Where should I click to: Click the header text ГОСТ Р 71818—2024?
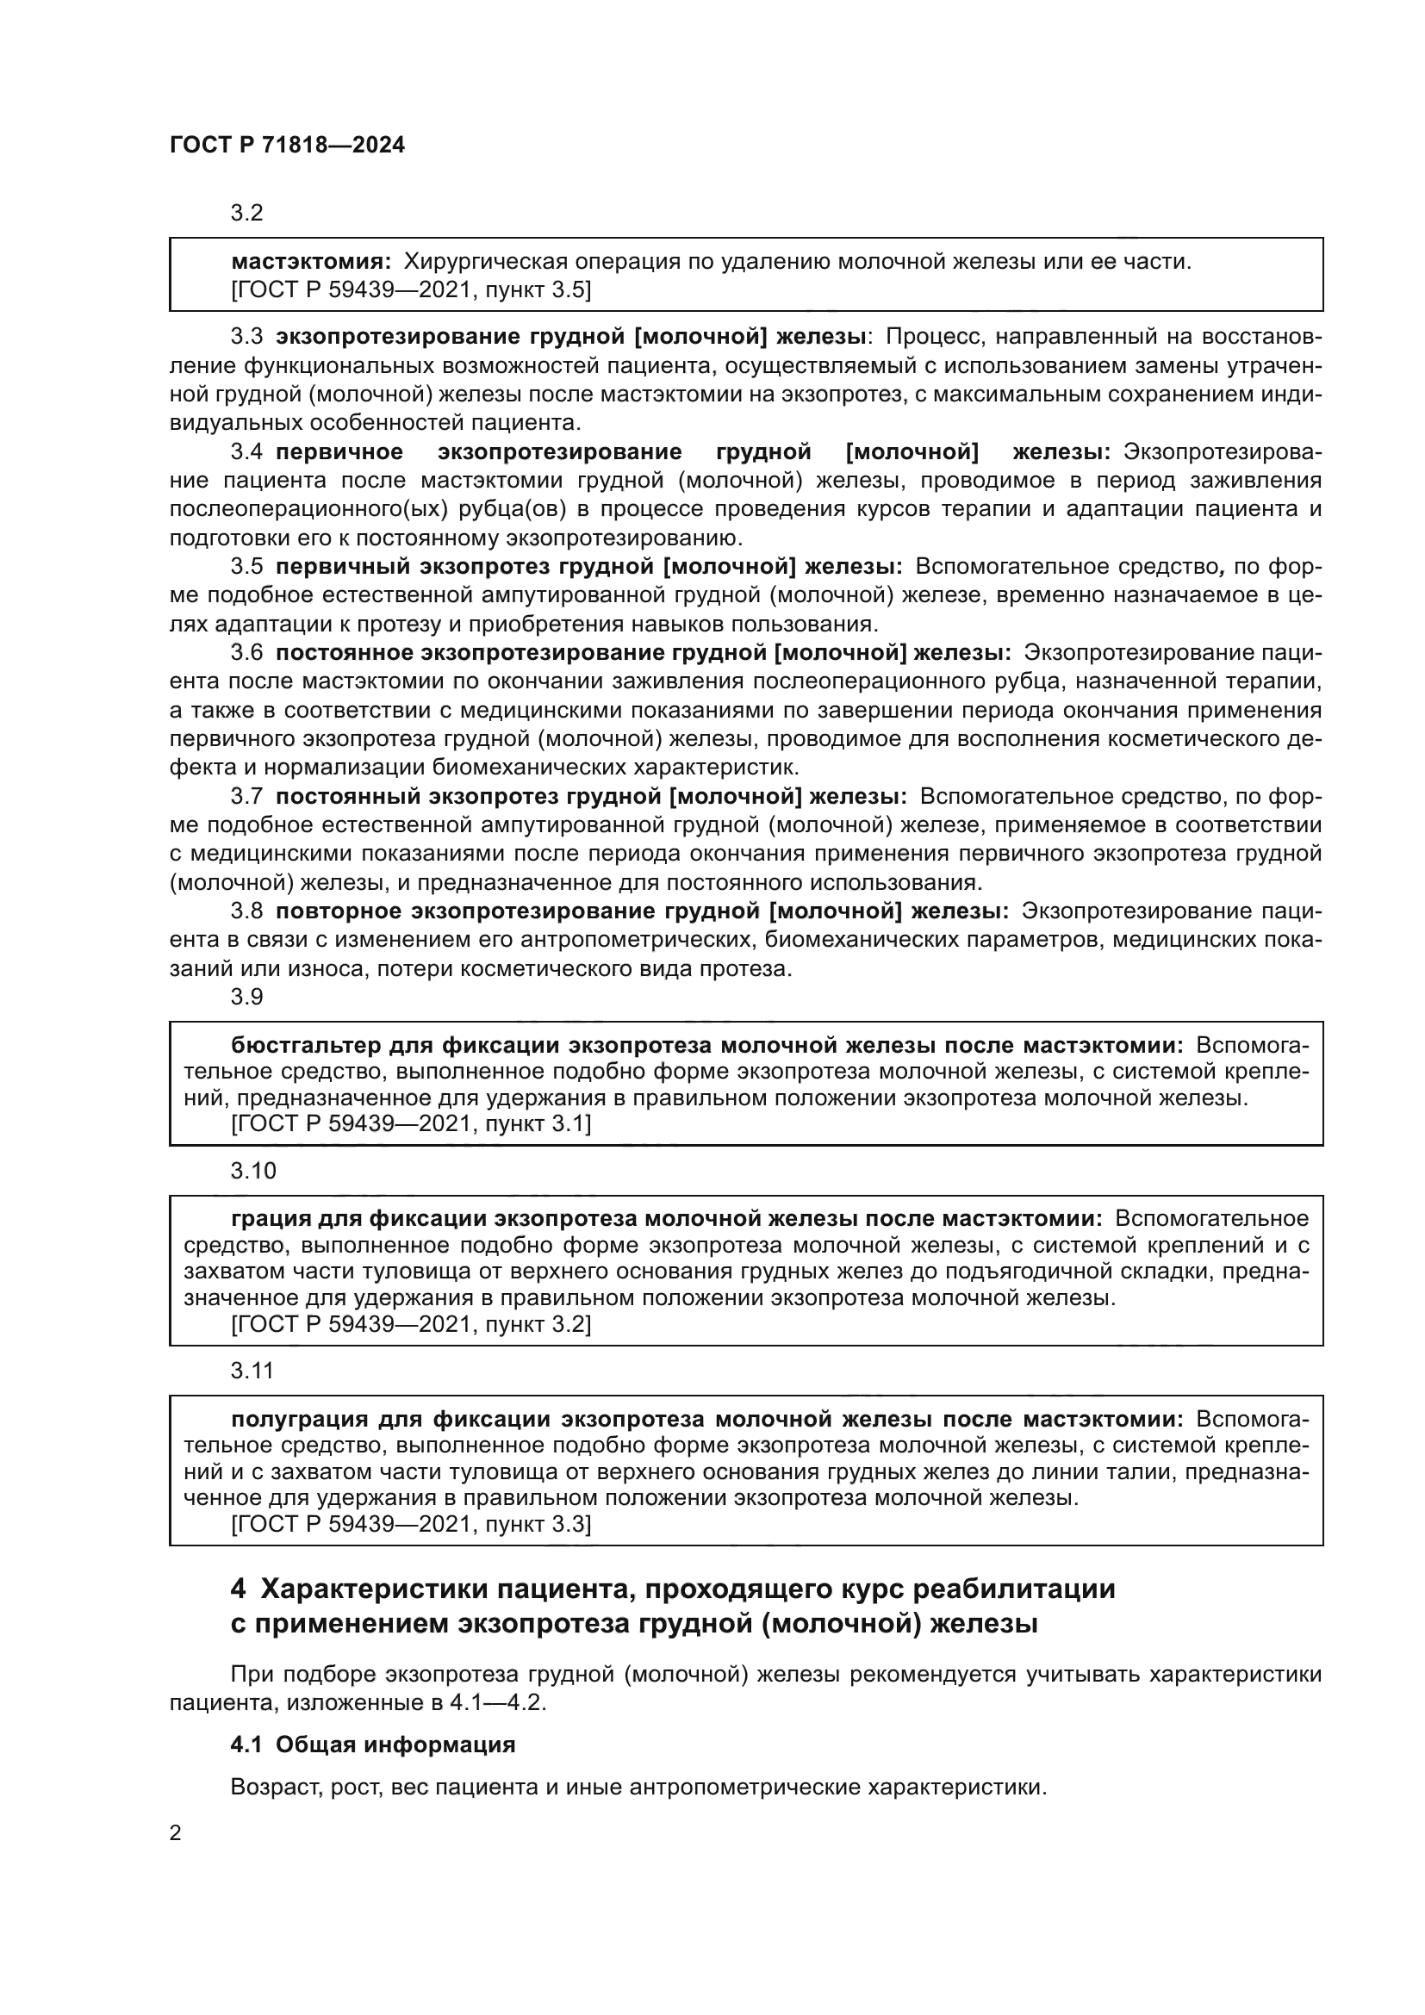coord(287,146)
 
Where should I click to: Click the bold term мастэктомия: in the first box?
coord(311,262)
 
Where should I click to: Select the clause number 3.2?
coord(246,214)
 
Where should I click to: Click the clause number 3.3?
coord(246,337)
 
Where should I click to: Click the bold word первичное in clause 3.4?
coord(339,452)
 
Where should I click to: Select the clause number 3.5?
coord(246,567)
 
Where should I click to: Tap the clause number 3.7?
coord(246,797)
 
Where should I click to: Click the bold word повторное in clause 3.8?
coord(338,911)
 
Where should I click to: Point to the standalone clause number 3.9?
coord(246,997)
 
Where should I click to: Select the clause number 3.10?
coord(252,1171)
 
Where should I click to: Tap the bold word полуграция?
coord(299,1420)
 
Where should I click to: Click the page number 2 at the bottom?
coord(176,1833)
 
